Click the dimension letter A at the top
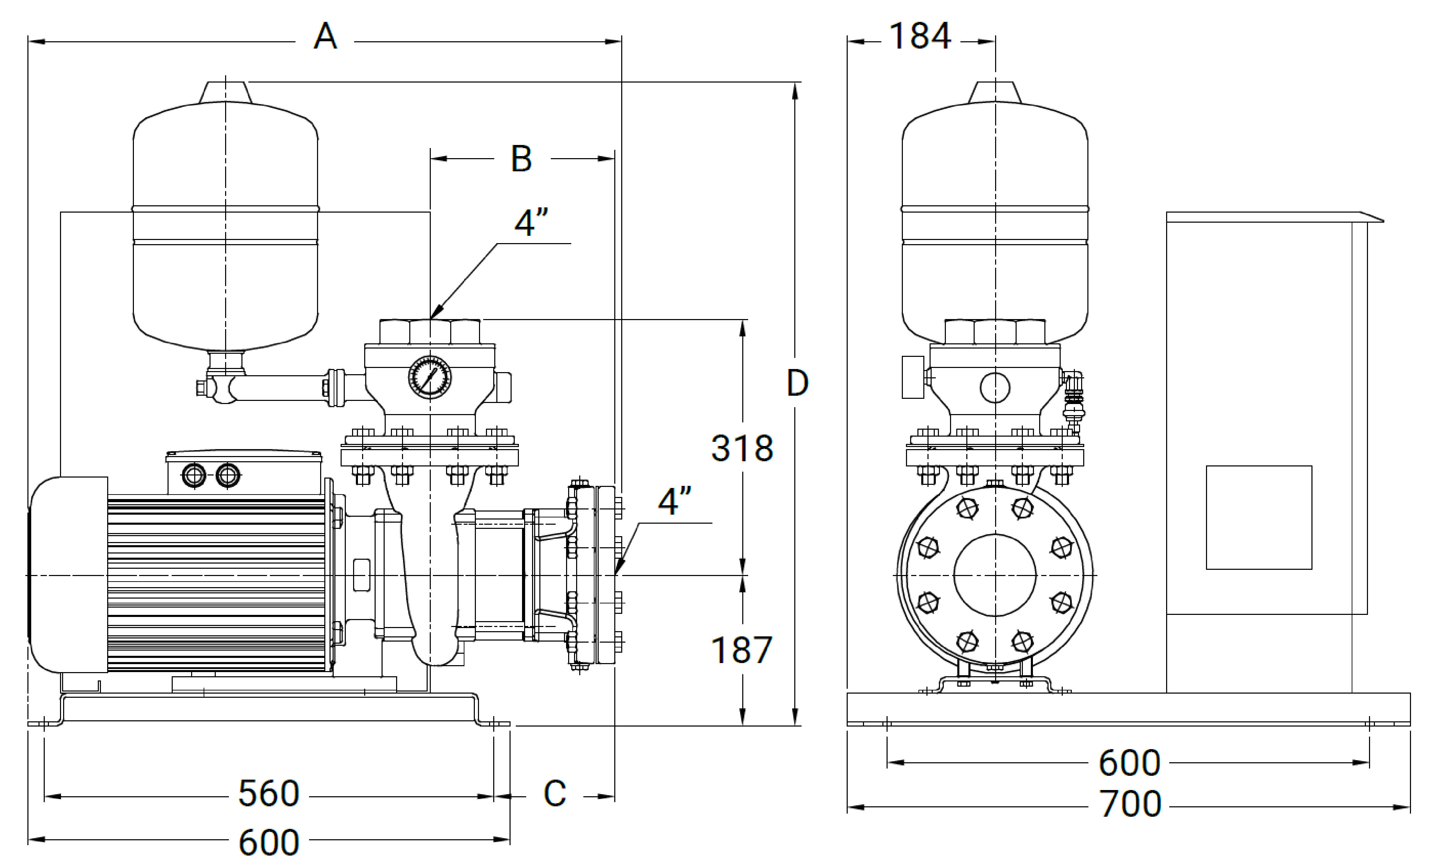click(x=325, y=37)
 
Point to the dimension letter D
click(x=797, y=383)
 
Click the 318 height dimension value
click(x=742, y=448)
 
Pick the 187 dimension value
click(x=742, y=650)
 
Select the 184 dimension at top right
click(x=920, y=36)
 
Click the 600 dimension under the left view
click(x=269, y=842)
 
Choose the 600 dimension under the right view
click(x=1130, y=763)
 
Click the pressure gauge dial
click(x=430, y=377)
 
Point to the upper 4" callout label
click(x=532, y=222)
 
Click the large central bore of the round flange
click(x=995, y=575)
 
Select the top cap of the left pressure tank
click(x=226, y=93)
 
